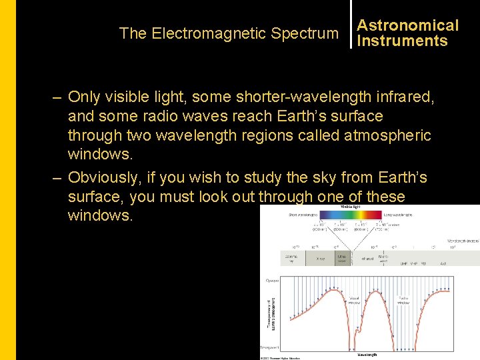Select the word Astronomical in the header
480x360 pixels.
pyautogui.click(x=407, y=25)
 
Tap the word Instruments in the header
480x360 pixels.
pyautogui.click(x=402, y=41)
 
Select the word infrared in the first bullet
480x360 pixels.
pyautogui.click(x=404, y=97)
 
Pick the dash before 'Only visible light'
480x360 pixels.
pyautogui.click(x=58, y=97)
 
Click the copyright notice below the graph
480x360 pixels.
pyautogui.click(x=280, y=357)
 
